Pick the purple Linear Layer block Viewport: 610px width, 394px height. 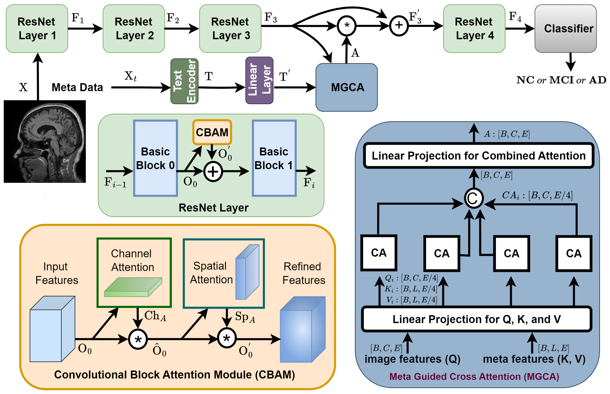259,80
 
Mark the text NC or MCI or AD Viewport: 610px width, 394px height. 561,80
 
